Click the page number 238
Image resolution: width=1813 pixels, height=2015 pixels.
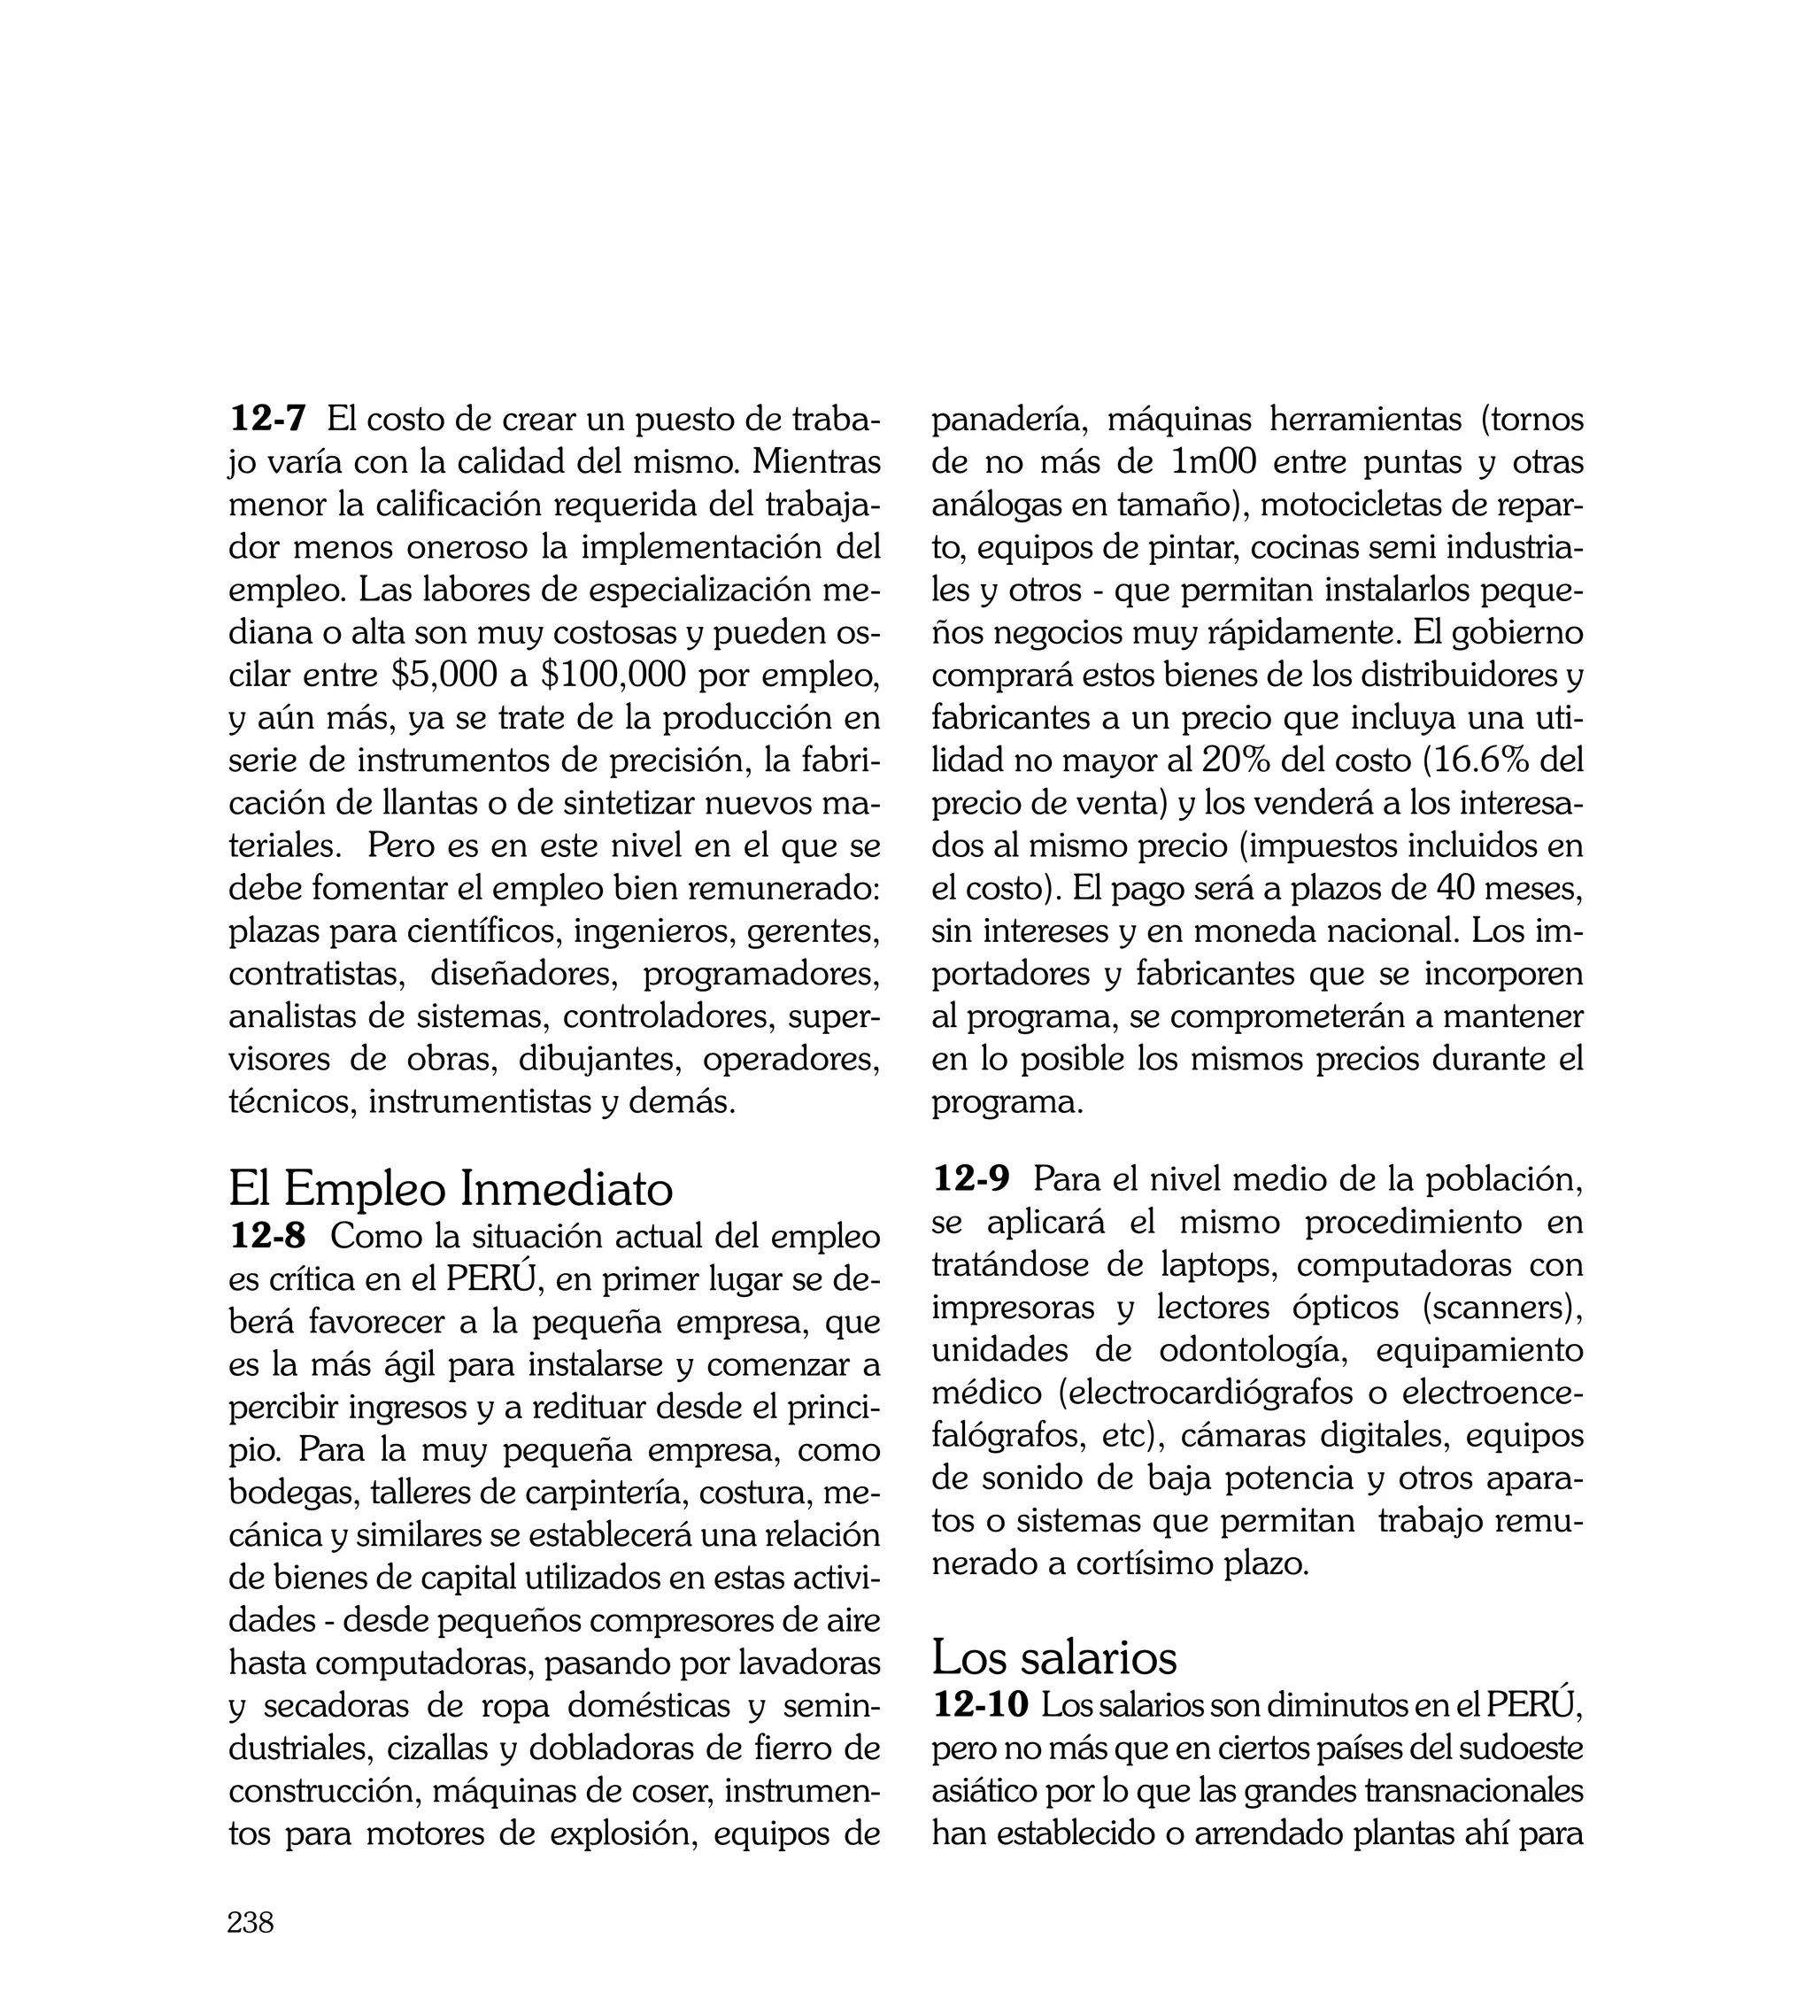click(x=250, y=1923)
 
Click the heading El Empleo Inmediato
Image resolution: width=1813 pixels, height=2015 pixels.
click(x=451, y=1188)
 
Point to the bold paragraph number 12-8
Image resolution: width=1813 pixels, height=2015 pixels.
click(x=268, y=1236)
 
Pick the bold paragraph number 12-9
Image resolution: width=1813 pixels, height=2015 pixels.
click(x=970, y=1179)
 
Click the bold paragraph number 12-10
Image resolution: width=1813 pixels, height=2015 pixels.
click(x=980, y=1704)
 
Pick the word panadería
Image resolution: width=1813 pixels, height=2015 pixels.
click(x=1007, y=420)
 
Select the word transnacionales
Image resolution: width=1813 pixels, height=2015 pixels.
click(x=1472, y=1791)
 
